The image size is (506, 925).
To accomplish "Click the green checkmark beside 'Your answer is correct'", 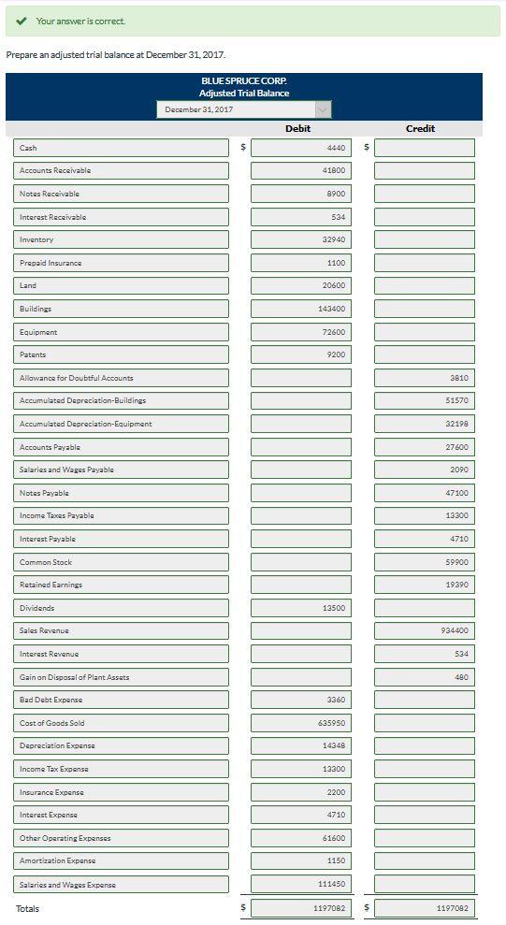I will pos(22,21).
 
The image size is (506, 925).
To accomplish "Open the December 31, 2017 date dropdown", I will pos(243,109).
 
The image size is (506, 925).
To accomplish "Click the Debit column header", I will pos(297,128).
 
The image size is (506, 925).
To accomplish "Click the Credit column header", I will pos(420,128).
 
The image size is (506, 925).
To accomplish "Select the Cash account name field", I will pos(122,148).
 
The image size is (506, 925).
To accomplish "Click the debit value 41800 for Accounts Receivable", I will pos(301,170).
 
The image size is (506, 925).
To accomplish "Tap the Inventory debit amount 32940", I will pos(301,239).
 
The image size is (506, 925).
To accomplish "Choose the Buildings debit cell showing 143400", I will pos(301,309).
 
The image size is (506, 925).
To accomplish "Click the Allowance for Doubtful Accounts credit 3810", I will pos(425,378).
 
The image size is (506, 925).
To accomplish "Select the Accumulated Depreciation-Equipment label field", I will pos(122,424).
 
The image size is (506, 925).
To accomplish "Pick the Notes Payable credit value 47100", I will pos(425,493).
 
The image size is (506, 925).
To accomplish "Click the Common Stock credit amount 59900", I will pos(425,562).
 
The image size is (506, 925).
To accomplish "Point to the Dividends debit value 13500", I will pos(301,608).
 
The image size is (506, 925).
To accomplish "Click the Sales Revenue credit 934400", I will pos(425,630).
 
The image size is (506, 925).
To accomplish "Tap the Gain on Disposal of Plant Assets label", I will pos(122,677).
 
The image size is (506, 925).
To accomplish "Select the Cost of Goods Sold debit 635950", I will pos(301,723).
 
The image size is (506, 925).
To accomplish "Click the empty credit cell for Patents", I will pos(425,354).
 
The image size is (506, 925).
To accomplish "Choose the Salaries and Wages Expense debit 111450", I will pos(301,884).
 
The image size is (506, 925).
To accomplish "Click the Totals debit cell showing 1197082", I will pos(301,908).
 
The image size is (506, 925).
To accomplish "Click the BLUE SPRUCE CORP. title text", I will pos(244,81).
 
